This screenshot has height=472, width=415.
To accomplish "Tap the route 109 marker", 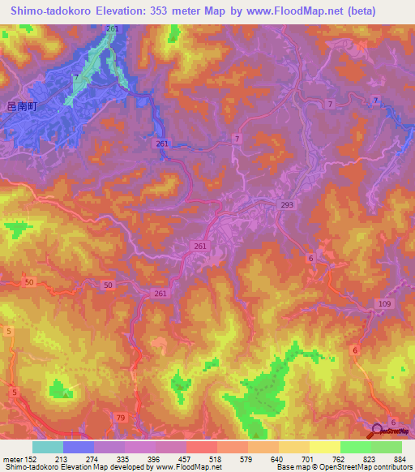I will coord(384,303).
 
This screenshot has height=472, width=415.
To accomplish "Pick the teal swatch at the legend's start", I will coord(48,447).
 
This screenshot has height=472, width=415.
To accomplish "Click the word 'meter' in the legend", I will coord(12,459).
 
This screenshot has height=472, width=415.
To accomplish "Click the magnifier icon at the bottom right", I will coord(379,431).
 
